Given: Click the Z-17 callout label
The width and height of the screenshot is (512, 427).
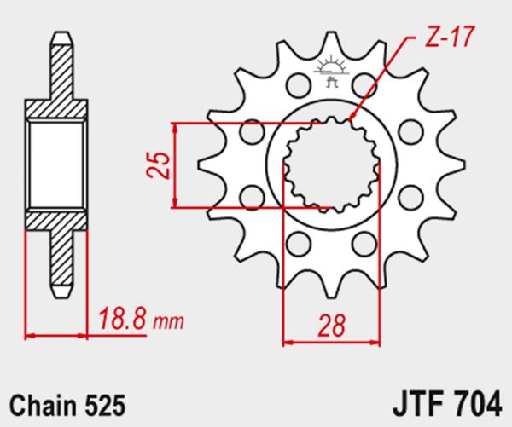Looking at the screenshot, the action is tap(449, 37).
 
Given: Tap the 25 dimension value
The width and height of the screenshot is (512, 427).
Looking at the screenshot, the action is tap(159, 164).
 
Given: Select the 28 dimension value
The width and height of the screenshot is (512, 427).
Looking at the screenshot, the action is tap(331, 326).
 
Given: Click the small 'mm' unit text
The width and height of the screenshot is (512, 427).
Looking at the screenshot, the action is tap(168, 322).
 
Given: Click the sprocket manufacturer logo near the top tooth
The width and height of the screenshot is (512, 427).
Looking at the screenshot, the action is tap(331, 72).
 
